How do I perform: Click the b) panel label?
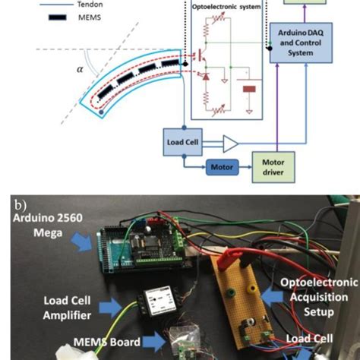tap(16, 204)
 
